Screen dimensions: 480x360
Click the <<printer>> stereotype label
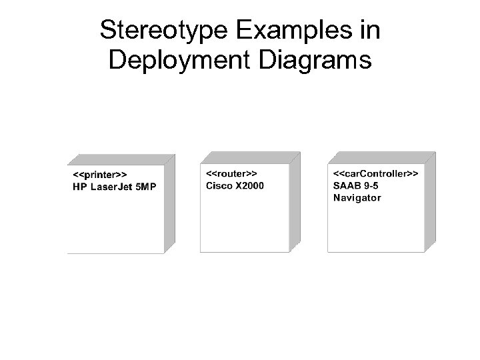(100, 175)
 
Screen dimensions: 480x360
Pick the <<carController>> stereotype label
(375, 173)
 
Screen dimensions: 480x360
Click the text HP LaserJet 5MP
(114, 186)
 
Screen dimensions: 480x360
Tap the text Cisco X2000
(235, 184)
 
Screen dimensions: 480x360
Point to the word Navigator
(357, 197)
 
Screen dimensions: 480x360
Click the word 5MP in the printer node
(145, 186)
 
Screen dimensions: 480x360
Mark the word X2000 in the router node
(249, 184)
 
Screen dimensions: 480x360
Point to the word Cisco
(218, 184)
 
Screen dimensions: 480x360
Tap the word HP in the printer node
(79, 186)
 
